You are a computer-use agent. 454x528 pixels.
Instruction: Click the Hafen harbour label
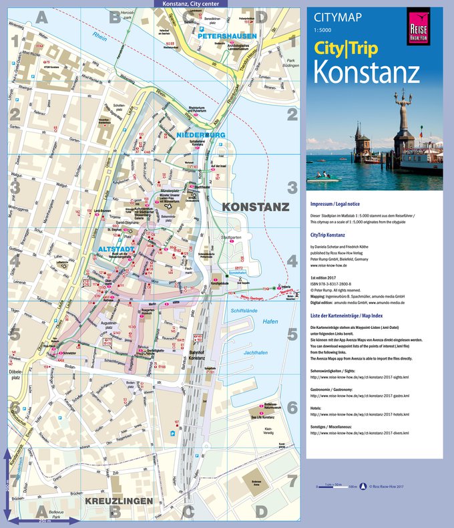coord(270,321)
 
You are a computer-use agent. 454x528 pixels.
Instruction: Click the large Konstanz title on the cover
coord(367,71)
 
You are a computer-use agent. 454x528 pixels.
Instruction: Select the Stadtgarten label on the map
coord(230,237)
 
